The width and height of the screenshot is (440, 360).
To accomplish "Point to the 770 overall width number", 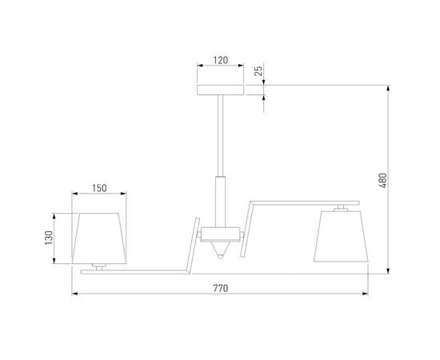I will point(220,288).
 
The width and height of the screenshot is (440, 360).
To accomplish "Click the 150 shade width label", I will point(98,189).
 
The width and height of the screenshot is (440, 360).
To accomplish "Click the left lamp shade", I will point(99,238).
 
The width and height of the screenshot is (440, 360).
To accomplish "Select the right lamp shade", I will point(341,236).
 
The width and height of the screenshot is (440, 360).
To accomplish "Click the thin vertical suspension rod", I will point(219,136).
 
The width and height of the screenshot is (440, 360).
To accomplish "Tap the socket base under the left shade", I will point(99,266).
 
